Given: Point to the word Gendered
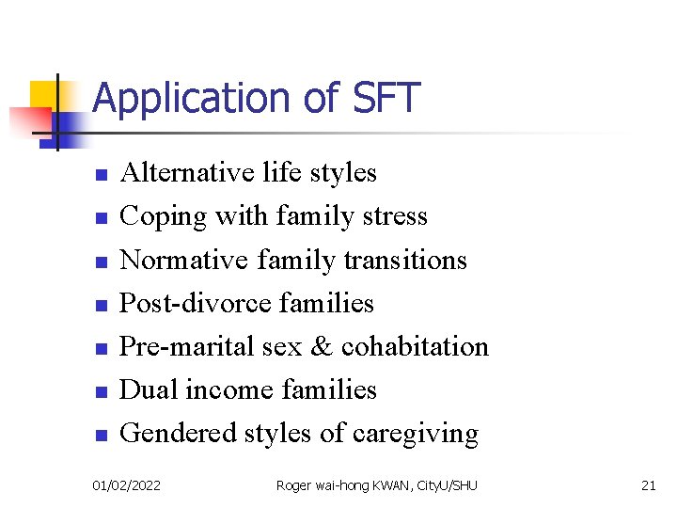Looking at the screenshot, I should [179, 434].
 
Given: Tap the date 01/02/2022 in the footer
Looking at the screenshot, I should [126, 485].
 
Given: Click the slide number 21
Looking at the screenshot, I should [648, 485].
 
